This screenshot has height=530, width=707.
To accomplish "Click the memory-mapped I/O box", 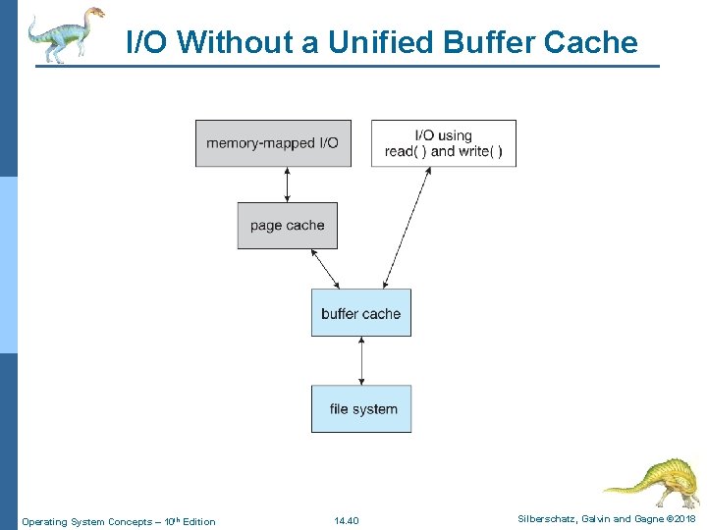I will coord(273,143).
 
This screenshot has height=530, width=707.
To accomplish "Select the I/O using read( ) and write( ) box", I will coord(443,143).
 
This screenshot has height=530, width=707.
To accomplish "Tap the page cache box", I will coord(287,226).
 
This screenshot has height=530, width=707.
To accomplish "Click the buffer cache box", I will coord(360,313).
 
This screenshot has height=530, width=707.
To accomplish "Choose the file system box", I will coord(361,409).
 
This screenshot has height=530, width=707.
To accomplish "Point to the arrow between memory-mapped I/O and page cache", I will coord(287,185).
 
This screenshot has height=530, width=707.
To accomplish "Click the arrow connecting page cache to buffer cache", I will coord(324,268).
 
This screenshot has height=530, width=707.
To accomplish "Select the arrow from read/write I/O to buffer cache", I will coord(407,227).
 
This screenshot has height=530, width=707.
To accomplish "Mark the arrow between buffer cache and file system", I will coord(361,360).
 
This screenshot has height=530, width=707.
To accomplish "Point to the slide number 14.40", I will coord(347,521).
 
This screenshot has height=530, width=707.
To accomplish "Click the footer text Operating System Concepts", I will coord(86,521).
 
